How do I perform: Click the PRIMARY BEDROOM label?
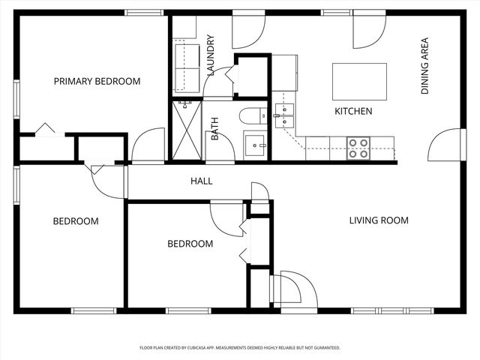(x=97, y=81)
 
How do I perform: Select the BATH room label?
(x=214, y=129)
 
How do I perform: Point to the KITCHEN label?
(x=352, y=111)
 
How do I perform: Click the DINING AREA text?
(x=424, y=66)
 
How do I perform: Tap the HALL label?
(x=201, y=181)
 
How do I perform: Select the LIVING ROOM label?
(x=379, y=220)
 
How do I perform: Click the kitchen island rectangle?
(x=359, y=81)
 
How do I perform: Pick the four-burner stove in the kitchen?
(x=358, y=142)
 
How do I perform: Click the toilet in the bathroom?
(x=252, y=115)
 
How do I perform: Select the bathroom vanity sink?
(x=255, y=144)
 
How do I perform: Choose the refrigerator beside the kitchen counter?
(x=284, y=73)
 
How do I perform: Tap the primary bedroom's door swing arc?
(x=148, y=145)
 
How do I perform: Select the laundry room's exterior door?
(x=247, y=31)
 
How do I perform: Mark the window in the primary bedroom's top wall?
(x=144, y=13)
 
